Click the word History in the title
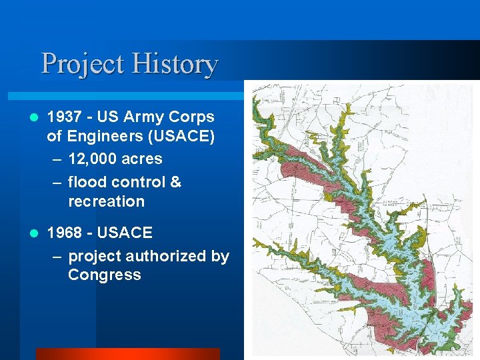tap(175, 65)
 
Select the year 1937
tap(65, 117)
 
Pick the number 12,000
tap(93, 159)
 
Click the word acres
tap(141, 159)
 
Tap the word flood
tap(87, 182)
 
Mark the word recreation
tap(106, 201)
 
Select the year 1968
tap(65, 233)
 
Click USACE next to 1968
tap(125, 233)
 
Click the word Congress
tap(104, 275)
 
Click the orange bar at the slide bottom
tap(127, 354)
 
